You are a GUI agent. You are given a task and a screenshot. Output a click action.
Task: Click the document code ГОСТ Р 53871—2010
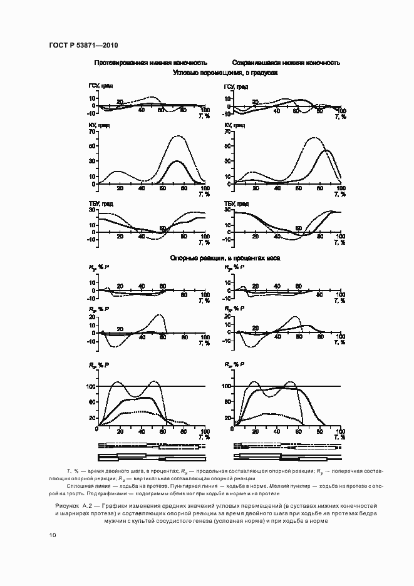tap(83, 46)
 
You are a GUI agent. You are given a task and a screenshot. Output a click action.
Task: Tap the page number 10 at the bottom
tap(52, 535)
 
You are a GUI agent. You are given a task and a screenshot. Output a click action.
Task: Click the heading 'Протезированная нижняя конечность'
tap(150, 63)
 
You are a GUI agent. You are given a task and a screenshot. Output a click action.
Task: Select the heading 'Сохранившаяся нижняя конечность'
tap(286, 63)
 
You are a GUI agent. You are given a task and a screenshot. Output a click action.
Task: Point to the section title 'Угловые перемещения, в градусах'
tap(225, 73)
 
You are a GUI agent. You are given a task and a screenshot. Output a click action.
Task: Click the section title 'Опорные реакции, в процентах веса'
tap(225, 258)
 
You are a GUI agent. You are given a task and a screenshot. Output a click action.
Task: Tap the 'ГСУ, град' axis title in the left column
tap(101, 86)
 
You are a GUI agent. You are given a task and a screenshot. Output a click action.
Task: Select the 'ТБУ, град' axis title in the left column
tap(101, 203)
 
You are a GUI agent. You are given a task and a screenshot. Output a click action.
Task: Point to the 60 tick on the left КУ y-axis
tap(91, 146)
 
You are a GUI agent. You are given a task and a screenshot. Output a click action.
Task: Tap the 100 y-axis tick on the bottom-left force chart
tap(90, 386)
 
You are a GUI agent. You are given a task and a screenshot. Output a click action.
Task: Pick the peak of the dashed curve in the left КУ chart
tap(179, 136)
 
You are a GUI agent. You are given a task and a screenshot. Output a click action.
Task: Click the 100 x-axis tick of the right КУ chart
tap(340, 188)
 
